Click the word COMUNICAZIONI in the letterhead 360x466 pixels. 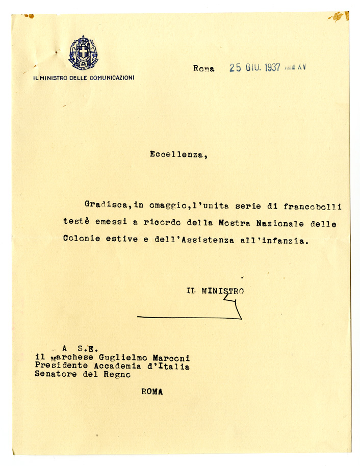tap(112, 78)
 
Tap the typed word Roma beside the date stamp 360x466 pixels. tap(204, 68)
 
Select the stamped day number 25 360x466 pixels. tap(235, 68)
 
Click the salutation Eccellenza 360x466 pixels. tap(178, 154)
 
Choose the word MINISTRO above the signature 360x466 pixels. tap(222, 291)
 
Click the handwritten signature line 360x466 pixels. tap(189, 317)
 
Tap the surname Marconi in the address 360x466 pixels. tap(172, 358)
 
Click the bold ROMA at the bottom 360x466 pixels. tap(152, 392)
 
